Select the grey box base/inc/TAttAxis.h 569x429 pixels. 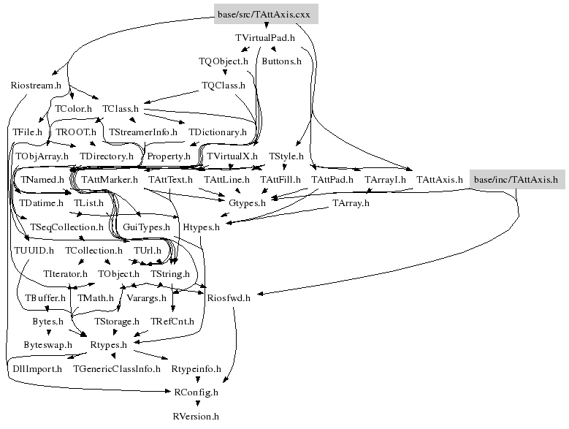pyautogui.click(x=517, y=179)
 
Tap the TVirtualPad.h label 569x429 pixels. pyautogui.click(x=265, y=37)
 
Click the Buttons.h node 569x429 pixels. pyautogui.click(x=281, y=61)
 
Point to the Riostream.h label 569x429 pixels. pyautogui.click(x=36, y=86)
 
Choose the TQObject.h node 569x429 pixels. pyautogui.click(x=224, y=61)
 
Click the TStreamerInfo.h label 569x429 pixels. pyautogui.click(x=143, y=132)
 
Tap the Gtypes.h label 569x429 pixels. pyautogui.click(x=248, y=202)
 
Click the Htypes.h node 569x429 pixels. pyautogui.click(x=201, y=227)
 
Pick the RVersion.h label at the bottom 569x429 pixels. pyautogui.click(x=196, y=417)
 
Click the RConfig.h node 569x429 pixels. pyautogui.click(x=196, y=392)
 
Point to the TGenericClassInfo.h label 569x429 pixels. pyautogui.click(x=117, y=369)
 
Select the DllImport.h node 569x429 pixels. pyautogui.click(x=37, y=369)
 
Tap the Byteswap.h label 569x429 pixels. pyautogui.click(x=47, y=344)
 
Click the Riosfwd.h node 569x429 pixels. pyautogui.click(x=229, y=297)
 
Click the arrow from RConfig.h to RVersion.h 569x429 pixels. pyautogui.click(x=196, y=405)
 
